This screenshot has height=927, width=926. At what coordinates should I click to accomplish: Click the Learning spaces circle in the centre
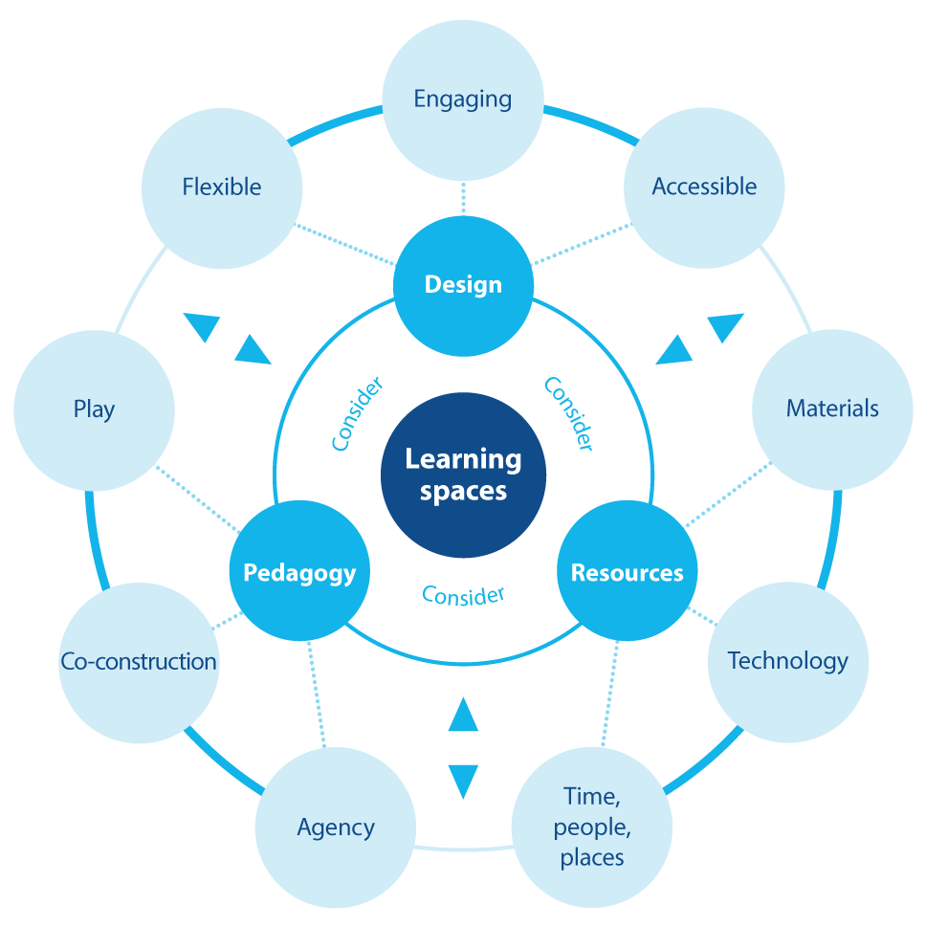pos(463,475)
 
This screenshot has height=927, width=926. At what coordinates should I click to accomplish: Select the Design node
pos(463,284)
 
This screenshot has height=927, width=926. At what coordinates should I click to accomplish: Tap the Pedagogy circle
pos(299,572)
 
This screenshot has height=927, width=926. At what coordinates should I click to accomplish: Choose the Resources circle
pos(627,572)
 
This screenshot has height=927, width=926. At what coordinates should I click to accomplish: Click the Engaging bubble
pos(463,99)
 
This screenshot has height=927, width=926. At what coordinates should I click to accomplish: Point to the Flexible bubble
pos(222,187)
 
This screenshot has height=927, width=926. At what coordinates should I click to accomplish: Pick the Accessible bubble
pos(704,187)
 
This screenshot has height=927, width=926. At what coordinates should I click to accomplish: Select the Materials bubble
pos(832,408)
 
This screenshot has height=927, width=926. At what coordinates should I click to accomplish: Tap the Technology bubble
pos(787,661)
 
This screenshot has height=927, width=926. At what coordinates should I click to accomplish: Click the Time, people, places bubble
pos(592,827)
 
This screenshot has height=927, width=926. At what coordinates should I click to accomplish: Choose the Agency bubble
pos(336,827)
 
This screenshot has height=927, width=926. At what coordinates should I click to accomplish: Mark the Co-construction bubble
pos(139,661)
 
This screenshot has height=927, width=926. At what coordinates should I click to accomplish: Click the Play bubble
pos(94,409)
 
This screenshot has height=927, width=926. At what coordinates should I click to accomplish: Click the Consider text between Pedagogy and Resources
pos(463,595)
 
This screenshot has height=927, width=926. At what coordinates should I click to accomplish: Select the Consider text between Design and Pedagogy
pos(357,413)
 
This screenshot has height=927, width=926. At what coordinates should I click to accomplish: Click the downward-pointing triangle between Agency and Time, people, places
pos(463,779)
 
